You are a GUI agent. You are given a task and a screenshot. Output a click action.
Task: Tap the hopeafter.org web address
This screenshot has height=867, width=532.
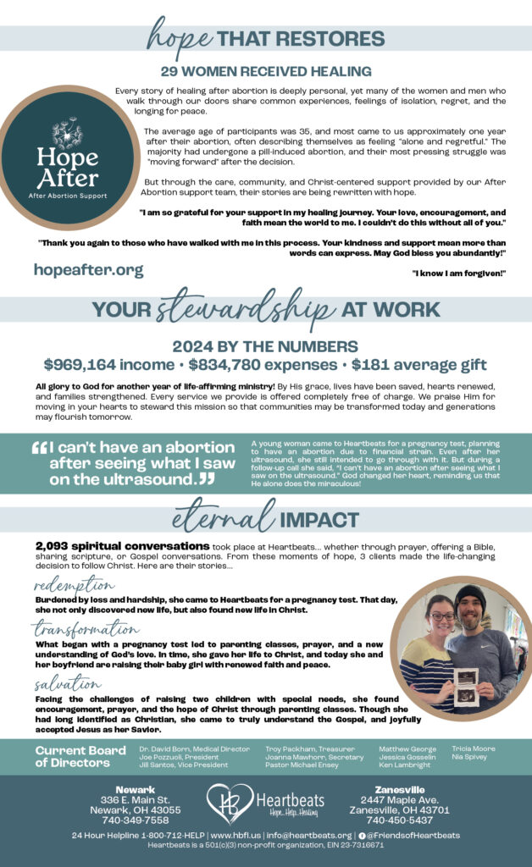point(89,270)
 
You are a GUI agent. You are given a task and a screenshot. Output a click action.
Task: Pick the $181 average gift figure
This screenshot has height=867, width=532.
point(418,365)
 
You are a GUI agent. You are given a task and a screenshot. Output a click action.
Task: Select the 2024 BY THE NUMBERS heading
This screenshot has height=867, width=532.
point(265,346)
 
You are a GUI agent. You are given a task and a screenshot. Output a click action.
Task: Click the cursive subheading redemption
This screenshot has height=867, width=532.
point(75,586)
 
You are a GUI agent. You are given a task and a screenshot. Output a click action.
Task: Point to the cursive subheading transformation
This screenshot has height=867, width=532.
point(86,629)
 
